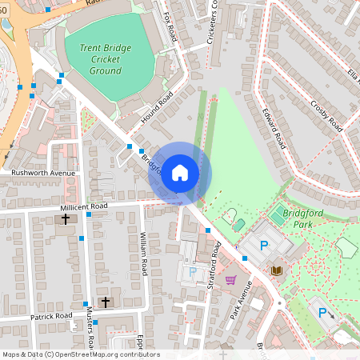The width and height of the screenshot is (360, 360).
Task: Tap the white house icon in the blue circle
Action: (180, 172)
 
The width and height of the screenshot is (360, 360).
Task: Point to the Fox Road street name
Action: (170, 28)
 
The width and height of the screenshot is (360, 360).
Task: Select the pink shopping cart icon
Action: (231, 279)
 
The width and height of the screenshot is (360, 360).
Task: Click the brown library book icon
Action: (277, 271)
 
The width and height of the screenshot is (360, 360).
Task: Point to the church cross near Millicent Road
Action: (66, 218)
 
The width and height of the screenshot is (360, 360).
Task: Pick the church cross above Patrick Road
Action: (106, 302)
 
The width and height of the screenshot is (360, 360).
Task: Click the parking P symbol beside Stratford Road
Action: (192, 273)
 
